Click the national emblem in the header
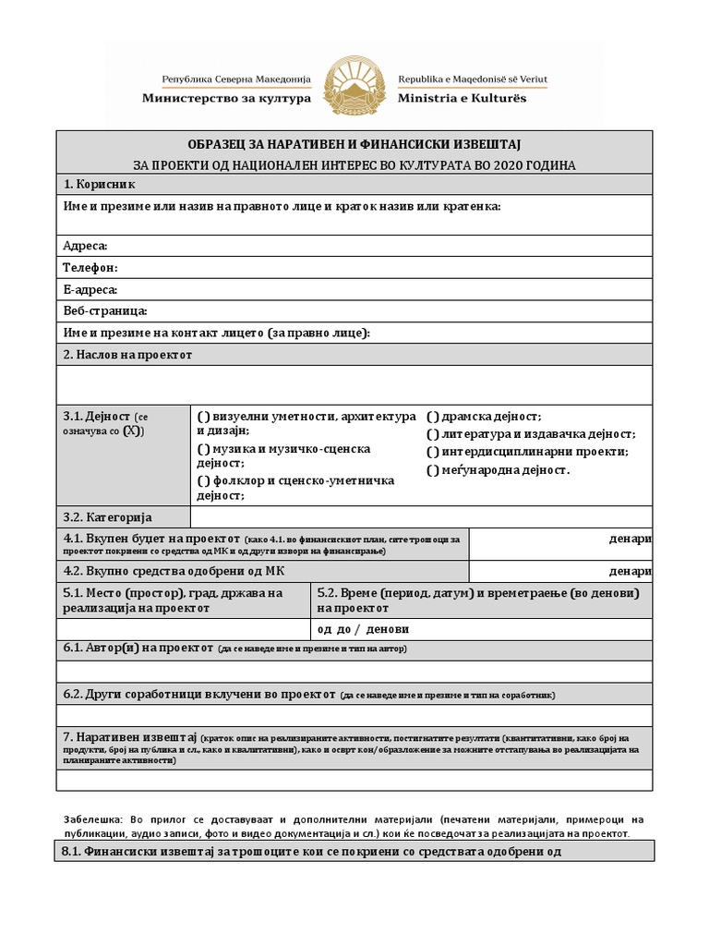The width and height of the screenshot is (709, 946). (x=354, y=86)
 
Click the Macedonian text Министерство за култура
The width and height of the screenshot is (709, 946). (x=226, y=97)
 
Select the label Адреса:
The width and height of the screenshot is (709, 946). (x=85, y=246)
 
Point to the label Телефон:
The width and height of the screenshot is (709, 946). (x=90, y=268)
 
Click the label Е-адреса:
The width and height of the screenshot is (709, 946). (x=90, y=290)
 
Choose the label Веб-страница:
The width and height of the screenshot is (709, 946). (x=105, y=311)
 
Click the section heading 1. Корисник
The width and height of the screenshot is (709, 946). (x=99, y=185)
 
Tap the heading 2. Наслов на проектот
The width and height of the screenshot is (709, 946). (x=127, y=355)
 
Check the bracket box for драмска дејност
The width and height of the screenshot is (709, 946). (x=432, y=418)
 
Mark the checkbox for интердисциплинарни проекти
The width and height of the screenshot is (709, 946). (x=432, y=452)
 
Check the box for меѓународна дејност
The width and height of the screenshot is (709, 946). (x=432, y=470)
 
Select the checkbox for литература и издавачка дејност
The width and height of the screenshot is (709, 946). (x=432, y=434)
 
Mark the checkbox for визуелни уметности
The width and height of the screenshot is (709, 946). (x=203, y=418)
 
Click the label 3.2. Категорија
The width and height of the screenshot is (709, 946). (x=107, y=517)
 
